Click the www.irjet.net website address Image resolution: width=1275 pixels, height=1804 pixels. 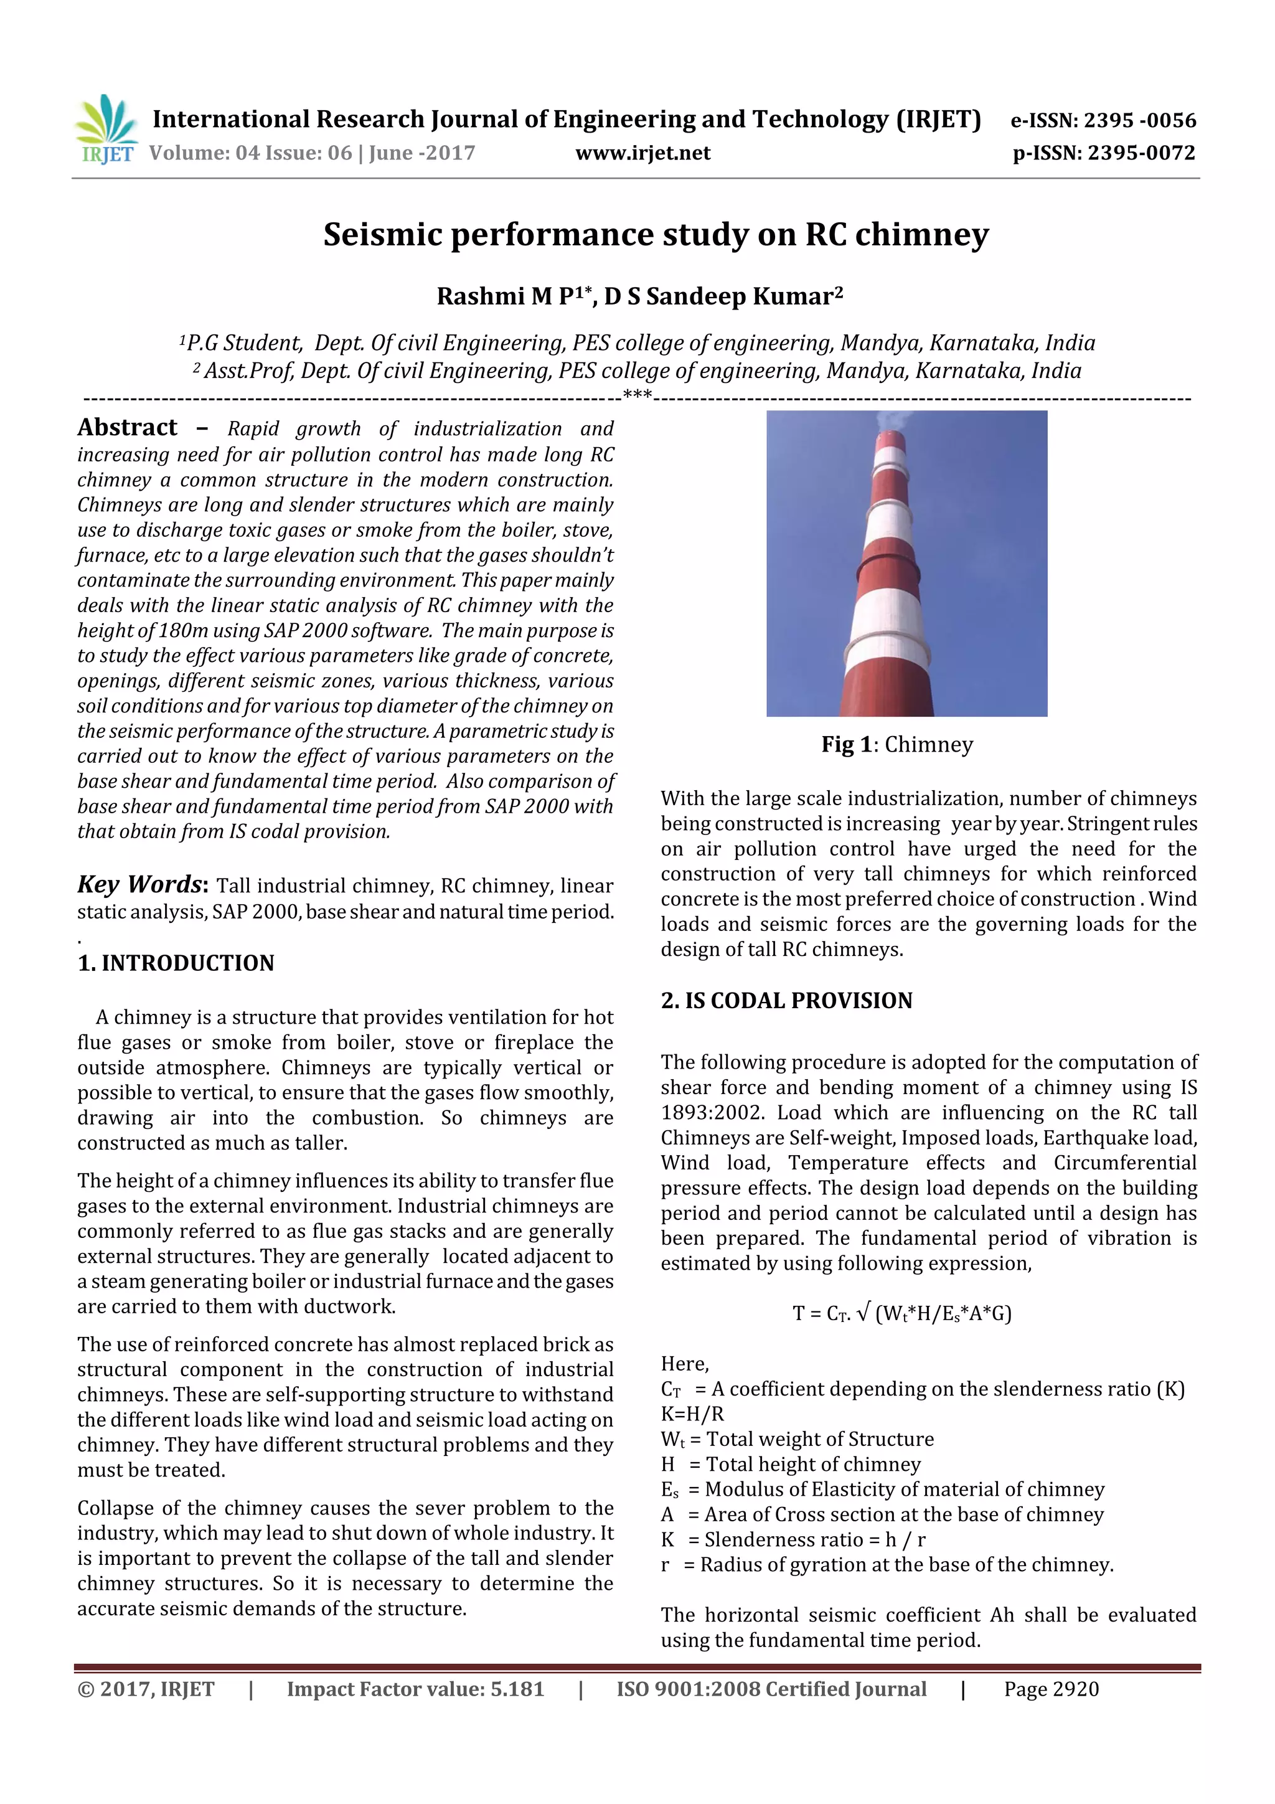[x=642, y=153]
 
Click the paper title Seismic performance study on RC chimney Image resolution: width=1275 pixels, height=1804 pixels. [x=656, y=235]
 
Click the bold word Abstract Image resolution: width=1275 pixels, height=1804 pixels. [x=127, y=427]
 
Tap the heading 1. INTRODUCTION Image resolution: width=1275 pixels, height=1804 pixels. [x=176, y=963]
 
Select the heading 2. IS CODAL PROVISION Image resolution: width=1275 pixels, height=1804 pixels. [x=786, y=1000]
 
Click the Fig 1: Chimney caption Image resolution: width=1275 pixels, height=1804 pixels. [x=896, y=744]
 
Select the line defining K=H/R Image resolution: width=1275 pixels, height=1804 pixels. [x=692, y=1414]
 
